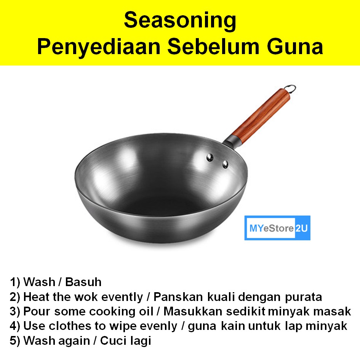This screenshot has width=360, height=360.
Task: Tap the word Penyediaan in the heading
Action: tap(99, 48)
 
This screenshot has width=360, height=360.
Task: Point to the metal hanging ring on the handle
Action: tap(290, 88)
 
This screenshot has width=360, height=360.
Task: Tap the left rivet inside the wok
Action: tap(210, 157)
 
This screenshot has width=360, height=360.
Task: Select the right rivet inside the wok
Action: tap(226, 164)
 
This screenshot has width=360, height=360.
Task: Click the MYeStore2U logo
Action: tap(277, 228)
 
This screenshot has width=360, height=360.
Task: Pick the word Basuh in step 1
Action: tap(83, 282)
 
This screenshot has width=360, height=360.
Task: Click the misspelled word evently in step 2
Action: tap(122, 297)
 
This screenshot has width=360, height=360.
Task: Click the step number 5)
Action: tap(15, 341)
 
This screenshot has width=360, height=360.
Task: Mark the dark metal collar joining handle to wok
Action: tap(232, 141)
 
